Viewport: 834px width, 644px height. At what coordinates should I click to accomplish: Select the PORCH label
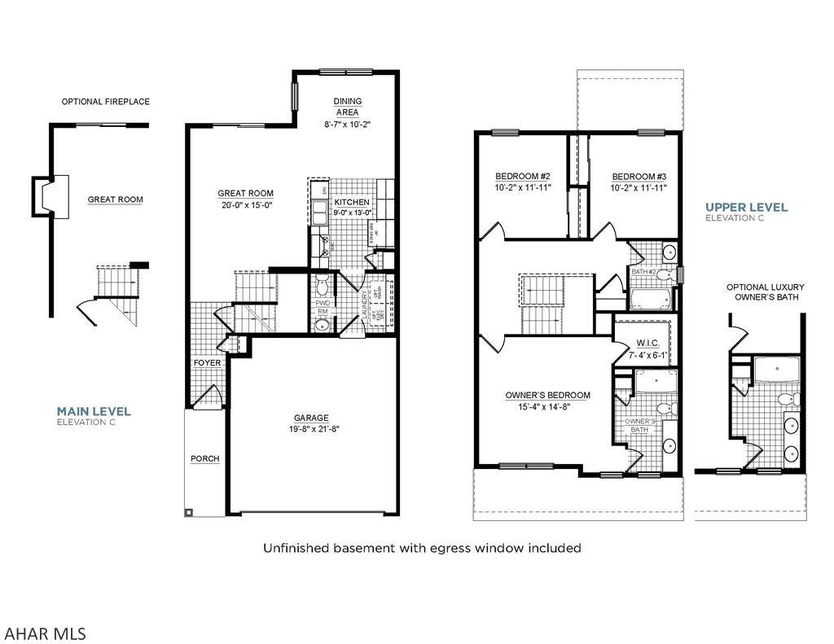(x=205, y=458)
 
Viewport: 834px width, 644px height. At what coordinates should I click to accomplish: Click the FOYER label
(x=207, y=362)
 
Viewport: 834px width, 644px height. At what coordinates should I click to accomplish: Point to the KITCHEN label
(x=352, y=202)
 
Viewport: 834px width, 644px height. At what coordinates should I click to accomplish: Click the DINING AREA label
(x=348, y=107)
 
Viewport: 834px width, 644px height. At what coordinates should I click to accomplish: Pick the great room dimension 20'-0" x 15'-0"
(x=245, y=206)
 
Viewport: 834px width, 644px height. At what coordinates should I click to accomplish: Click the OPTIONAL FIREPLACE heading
(x=106, y=102)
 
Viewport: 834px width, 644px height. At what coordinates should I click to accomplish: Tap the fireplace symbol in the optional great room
(x=42, y=196)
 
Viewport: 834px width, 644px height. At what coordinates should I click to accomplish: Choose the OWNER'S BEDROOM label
(x=547, y=395)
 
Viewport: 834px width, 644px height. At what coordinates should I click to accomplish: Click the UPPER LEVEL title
(x=746, y=207)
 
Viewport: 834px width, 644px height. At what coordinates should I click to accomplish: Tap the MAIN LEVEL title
(x=93, y=411)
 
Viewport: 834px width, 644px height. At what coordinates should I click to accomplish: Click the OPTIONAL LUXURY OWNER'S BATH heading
(x=766, y=292)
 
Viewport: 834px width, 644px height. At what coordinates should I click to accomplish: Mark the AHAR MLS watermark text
(x=45, y=633)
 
